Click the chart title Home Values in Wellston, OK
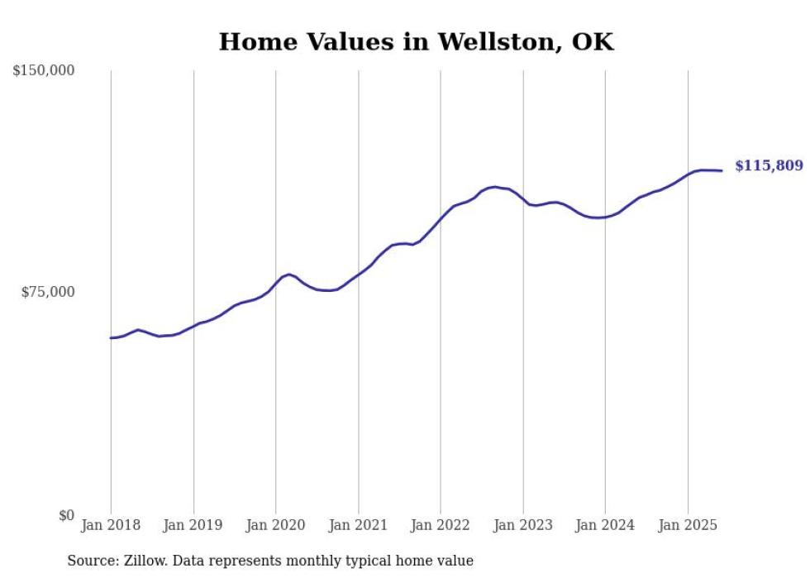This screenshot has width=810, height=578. [x=416, y=42]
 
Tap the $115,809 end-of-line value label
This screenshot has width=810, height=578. [x=769, y=166]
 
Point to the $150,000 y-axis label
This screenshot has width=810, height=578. [x=44, y=71]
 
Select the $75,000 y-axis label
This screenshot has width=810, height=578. [x=47, y=292]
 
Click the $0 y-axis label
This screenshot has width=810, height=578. [x=65, y=515]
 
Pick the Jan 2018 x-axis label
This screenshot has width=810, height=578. [x=111, y=525]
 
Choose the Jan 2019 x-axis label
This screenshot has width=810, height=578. [x=193, y=525]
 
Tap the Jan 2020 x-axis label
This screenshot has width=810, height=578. [x=276, y=525]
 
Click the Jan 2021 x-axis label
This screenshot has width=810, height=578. [x=358, y=525]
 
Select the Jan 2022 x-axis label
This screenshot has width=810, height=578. [x=441, y=525]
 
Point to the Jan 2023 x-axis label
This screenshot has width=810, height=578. [x=523, y=525]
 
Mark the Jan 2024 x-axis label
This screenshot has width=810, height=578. [x=605, y=525]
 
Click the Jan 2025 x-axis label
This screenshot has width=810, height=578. [x=688, y=525]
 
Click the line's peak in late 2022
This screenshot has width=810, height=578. [x=494, y=187]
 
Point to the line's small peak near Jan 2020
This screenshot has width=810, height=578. [x=289, y=274]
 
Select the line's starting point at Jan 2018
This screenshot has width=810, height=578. [x=111, y=337]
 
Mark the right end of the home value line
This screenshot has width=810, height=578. [x=722, y=170]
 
